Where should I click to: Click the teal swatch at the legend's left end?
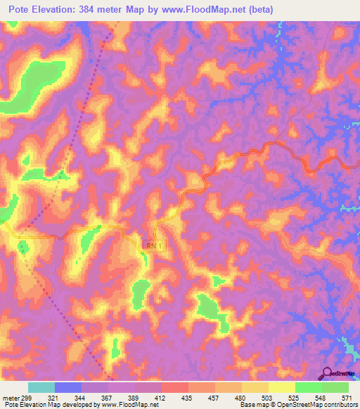pos(41,387)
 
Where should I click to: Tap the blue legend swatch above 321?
pos(68,387)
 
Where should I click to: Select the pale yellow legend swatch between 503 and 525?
pos(281,387)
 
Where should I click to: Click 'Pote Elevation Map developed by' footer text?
pos(52,404)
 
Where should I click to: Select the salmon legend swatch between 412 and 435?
pos(175,387)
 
